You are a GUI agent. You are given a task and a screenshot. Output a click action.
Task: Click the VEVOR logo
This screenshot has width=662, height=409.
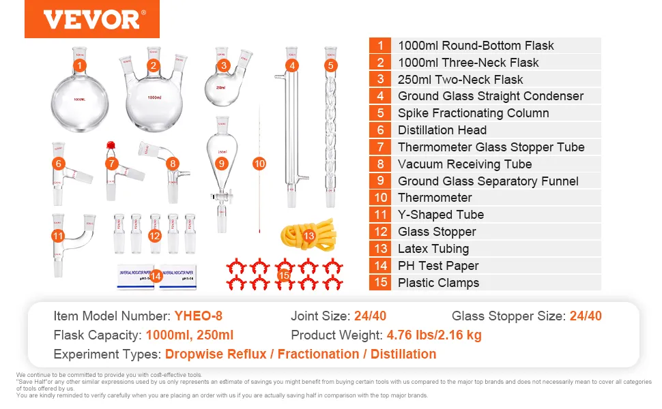click(x=91, y=19)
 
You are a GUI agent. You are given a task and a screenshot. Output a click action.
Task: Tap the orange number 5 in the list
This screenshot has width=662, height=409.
click(x=380, y=113)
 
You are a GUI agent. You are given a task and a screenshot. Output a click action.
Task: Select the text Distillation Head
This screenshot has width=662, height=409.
click(x=442, y=130)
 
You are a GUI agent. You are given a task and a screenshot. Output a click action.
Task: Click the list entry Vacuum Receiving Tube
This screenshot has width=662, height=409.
click(x=465, y=164)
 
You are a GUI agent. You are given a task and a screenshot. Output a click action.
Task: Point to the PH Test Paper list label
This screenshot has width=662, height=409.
click(x=438, y=266)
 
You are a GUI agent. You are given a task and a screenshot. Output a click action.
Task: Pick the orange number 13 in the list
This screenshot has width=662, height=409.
click(x=380, y=249)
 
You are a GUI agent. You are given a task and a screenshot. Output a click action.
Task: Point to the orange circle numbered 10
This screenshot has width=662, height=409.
click(x=259, y=164)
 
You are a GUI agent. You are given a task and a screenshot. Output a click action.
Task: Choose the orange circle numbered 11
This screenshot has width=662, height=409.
click(x=59, y=236)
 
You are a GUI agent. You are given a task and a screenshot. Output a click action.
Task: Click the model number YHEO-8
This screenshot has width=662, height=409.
click(x=198, y=316)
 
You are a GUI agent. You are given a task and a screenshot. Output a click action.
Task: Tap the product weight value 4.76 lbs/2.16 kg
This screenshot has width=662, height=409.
click(x=435, y=335)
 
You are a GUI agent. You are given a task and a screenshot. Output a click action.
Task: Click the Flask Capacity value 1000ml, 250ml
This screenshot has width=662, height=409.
click(x=189, y=335)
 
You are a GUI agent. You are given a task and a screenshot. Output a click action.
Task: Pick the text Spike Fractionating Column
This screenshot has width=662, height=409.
click(x=473, y=113)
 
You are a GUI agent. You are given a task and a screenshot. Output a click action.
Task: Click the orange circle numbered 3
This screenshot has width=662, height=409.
click(x=224, y=66)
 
